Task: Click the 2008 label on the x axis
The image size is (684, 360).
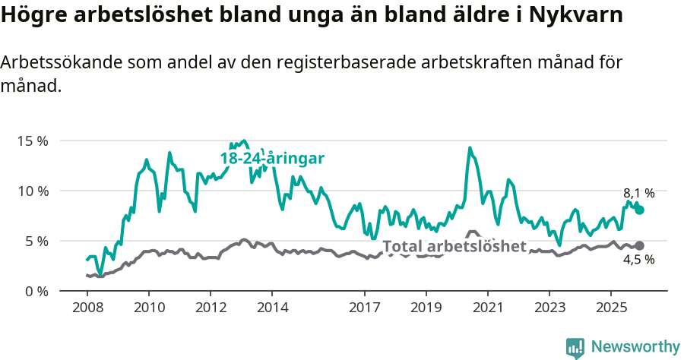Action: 87,308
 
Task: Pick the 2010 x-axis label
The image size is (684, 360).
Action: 148,308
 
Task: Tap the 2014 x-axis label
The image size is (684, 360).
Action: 272,308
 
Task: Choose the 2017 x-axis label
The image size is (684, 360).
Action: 364,308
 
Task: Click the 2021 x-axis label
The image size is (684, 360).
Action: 487,308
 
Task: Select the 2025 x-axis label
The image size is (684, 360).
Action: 610,308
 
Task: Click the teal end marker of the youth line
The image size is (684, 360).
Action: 639,210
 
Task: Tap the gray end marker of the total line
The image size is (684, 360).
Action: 639,245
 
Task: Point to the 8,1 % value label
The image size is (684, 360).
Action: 638,193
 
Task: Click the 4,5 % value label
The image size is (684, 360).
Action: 638,260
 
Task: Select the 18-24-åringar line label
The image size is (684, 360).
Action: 272,159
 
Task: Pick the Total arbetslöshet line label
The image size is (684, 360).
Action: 454,246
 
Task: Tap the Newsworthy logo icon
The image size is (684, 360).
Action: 575,347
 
